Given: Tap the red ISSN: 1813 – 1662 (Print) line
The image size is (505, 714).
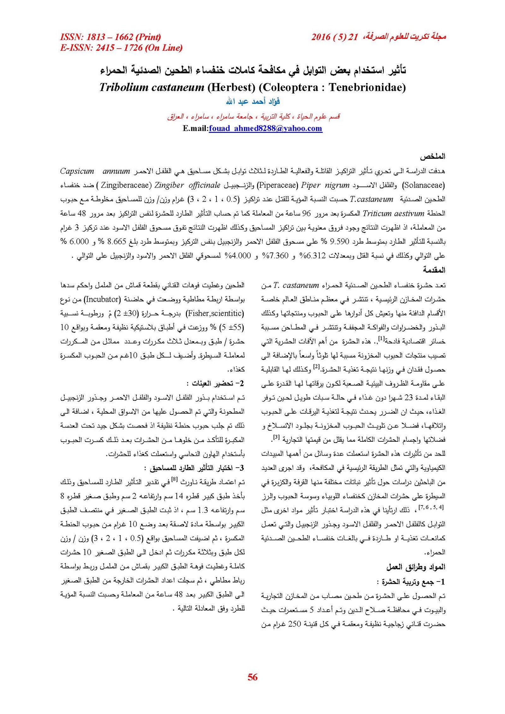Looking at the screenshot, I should coord(110,37).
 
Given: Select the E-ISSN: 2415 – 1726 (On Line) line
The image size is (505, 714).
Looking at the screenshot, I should coord(121,48).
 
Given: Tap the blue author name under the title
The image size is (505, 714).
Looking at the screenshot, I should coord(253,101).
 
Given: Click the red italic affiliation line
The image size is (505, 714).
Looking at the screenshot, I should coord(253,117).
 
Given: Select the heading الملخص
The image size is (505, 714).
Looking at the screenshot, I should coord(432,156).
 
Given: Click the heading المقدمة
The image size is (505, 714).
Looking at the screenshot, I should coord(434,270).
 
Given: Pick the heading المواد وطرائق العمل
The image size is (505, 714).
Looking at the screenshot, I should coord(416,567).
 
